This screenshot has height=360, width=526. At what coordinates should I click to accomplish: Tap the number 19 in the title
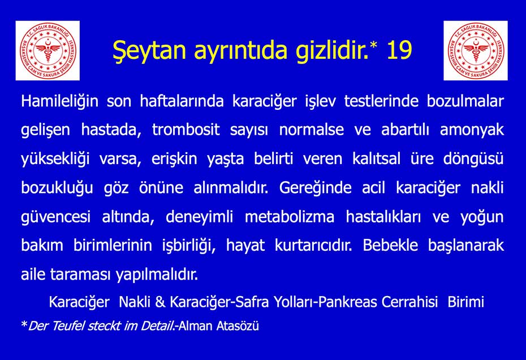tap(399, 50)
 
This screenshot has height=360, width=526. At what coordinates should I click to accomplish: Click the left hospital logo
tap(48, 50)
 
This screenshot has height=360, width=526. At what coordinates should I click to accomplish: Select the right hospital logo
tap(475, 50)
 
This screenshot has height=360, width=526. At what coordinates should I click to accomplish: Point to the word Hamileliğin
tap(60, 101)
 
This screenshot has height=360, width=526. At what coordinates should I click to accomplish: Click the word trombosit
tap(186, 130)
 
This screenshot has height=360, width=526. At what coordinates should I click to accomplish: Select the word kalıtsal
tap(376, 158)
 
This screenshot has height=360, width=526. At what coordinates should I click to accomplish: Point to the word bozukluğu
tap(57, 188)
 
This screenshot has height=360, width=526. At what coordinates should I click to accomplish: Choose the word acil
tap(374, 187)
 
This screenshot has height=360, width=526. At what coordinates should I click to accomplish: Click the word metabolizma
tap(290, 217)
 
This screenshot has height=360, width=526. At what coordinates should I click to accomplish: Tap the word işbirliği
tap(189, 246)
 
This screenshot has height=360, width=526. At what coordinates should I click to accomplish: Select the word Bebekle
tap(390, 245)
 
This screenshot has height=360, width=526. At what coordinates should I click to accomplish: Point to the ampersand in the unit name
tap(161, 302)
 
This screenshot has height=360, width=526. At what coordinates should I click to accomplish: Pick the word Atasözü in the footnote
tap(238, 326)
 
